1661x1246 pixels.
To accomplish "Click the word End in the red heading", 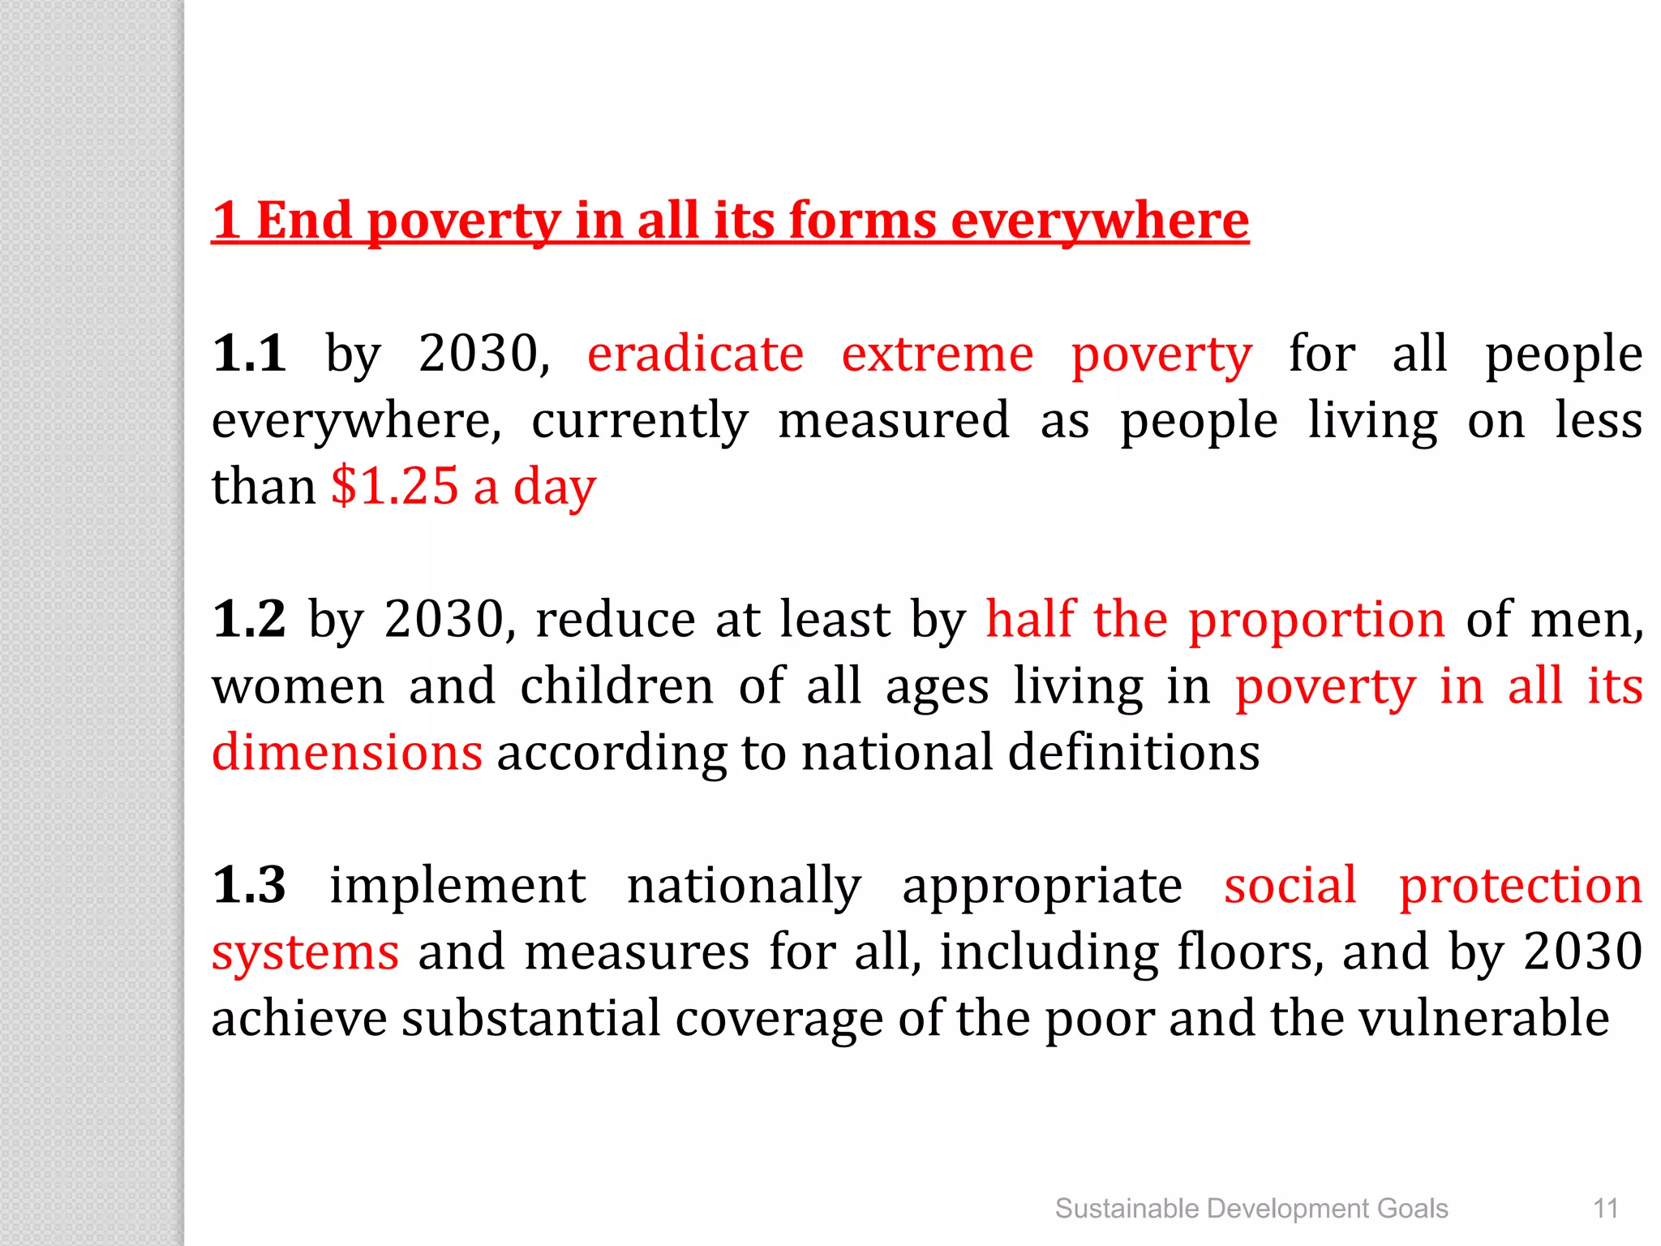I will [x=304, y=220].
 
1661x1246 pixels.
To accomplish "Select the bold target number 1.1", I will [x=249, y=354].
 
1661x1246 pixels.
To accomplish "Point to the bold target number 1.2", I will [x=249, y=619].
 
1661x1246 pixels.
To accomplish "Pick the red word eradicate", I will [x=695, y=354].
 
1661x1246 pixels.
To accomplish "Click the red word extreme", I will [x=938, y=354].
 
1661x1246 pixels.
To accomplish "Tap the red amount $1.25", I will [x=395, y=487].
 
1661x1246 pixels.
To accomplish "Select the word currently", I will [x=640, y=421].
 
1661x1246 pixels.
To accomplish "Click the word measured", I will [x=894, y=421].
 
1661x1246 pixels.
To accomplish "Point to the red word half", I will [x=1031, y=619].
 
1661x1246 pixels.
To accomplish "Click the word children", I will [x=616, y=686].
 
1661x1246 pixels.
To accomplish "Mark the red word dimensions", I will [x=347, y=752].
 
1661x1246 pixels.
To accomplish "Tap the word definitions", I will [x=1134, y=752].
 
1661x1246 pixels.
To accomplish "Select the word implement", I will [x=457, y=885].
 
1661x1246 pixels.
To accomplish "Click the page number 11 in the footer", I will [x=1606, y=1209].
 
